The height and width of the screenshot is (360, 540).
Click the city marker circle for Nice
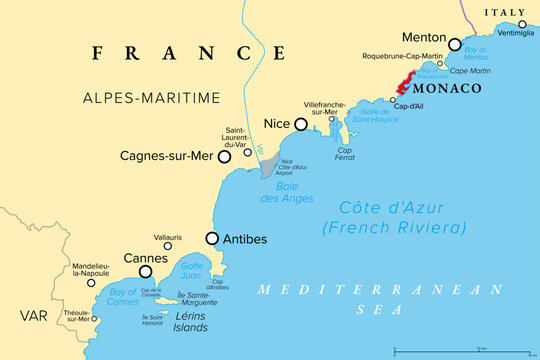pos(300,125)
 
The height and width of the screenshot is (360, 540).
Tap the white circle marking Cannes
pos(146,271)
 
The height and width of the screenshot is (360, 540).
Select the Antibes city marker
pos(212,238)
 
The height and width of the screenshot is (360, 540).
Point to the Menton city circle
pos(455,44)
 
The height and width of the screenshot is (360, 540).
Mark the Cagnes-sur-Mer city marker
pos(225,157)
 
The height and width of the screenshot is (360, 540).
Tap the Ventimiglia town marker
pos(522,24)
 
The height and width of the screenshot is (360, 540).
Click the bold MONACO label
pos(448,89)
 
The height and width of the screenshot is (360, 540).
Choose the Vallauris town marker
pos(167,246)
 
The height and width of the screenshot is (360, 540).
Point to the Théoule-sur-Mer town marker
pos(96,320)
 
